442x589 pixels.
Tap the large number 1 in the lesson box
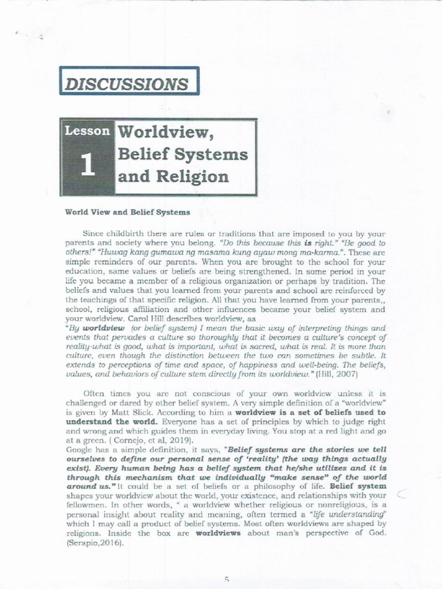[87, 165]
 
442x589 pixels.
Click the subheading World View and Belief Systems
[128, 212]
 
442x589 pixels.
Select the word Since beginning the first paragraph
[93, 235]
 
